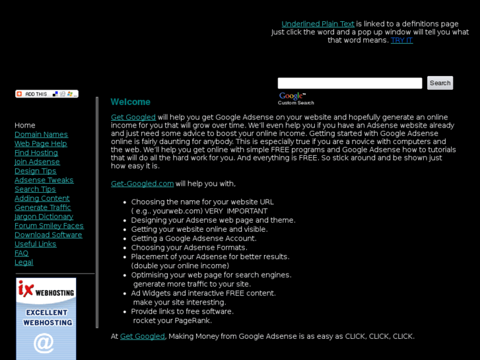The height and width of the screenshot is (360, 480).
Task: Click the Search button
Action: tap(440, 83)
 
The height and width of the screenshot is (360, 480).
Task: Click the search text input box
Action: tap(349, 83)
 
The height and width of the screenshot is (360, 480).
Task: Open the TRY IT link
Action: tap(401, 40)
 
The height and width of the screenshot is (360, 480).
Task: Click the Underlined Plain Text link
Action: tap(318, 24)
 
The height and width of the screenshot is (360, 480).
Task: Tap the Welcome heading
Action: tap(130, 102)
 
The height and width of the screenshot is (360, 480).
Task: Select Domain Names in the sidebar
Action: tap(41, 135)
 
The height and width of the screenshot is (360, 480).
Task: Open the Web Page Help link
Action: tap(40, 144)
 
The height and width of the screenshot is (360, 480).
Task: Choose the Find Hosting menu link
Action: tap(36, 153)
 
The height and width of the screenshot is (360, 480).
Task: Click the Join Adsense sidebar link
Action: tap(36, 162)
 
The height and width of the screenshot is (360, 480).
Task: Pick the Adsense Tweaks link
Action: tap(44, 180)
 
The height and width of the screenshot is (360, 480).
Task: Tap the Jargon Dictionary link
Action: tap(44, 217)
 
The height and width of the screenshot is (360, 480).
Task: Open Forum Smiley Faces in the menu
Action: tap(49, 226)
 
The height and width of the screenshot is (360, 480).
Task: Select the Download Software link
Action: tap(48, 235)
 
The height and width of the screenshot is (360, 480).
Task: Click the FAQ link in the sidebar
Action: tap(21, 254)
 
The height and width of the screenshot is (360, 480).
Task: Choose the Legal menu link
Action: tap(24, 262)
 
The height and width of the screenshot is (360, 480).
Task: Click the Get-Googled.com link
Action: tap(142, 184)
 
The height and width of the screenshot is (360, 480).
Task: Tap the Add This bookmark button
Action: tap(46, 94)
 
